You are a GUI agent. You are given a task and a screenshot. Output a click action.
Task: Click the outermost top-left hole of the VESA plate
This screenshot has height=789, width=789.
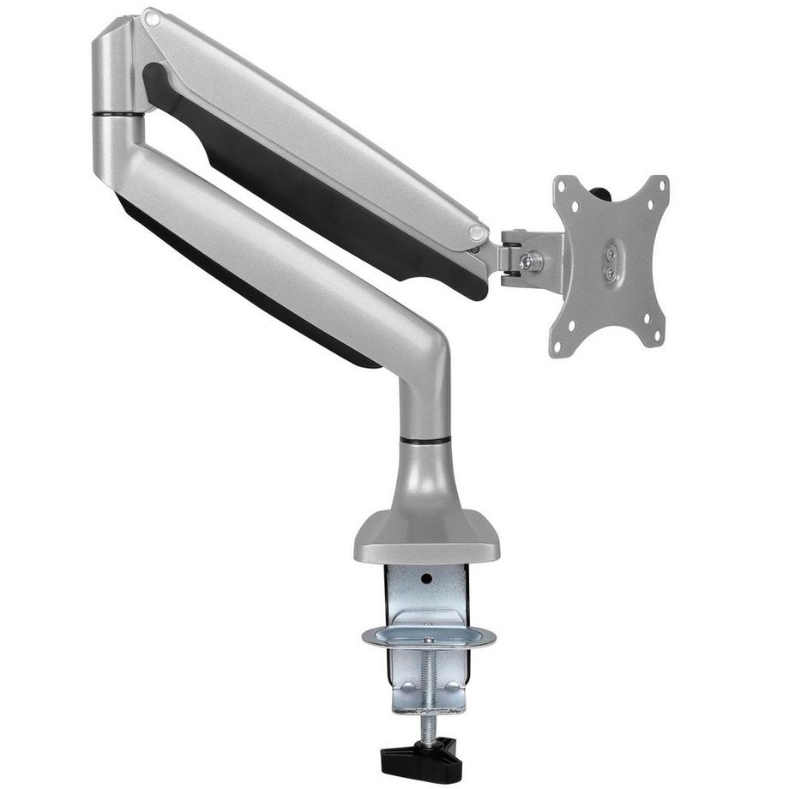point(562,185)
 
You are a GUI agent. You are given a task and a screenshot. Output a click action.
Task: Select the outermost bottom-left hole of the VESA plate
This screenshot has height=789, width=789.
point(558,348)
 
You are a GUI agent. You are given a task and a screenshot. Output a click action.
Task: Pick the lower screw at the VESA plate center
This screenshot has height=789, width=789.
point(610,274)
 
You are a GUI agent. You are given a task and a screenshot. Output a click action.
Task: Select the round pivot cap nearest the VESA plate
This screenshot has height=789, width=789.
point(478,233)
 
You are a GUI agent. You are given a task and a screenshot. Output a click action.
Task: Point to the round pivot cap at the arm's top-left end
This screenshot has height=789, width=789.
point(151,16)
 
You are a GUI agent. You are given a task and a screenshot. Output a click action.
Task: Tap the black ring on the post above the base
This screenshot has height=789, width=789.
point(425,440)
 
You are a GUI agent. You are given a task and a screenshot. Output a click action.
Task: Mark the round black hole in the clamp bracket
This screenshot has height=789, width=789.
point(426,578)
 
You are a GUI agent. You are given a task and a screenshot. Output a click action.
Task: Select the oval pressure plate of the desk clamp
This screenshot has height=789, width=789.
point(428,636)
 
